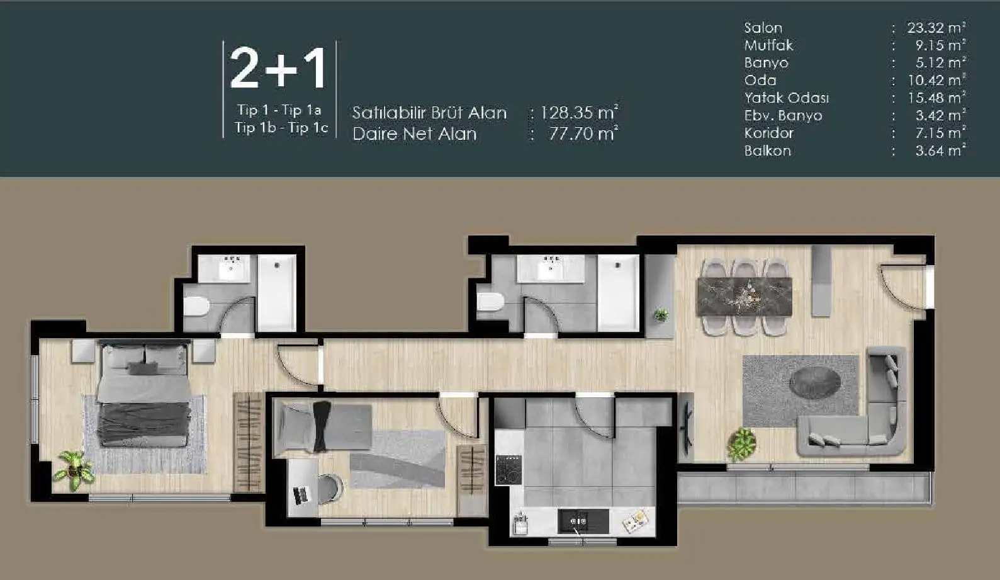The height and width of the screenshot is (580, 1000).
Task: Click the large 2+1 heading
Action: pyautogui.click(x=279, y=69)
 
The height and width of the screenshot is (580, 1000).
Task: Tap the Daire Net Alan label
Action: pyautogui.click(x=414, y=134)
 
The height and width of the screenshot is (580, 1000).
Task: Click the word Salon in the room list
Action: pyautogui.click(x=763, y=28)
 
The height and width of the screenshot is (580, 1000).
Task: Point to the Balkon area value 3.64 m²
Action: pyautogui.click(x=940, y=151)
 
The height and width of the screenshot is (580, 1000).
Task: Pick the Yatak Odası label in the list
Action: pyautogui.click(x=786, y=98)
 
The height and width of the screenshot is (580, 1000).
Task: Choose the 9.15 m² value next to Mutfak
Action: pyautogui.click(x=940, y=45)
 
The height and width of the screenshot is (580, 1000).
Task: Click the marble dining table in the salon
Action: pyautogui.click(x=744, y=296)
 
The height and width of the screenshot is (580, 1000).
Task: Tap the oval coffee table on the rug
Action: pyautogui.click(x=815, y=382)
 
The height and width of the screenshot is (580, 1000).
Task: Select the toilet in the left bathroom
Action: pyautogui.click(x=196, y=307)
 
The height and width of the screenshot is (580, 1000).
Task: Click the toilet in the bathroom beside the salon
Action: pyautogui.click(x=490, y=301)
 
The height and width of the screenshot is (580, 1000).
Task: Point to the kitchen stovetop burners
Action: pyautogui.click(x=508, y=470)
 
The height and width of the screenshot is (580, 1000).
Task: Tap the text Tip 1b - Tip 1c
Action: pyautogui.click(x=281, y=128)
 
